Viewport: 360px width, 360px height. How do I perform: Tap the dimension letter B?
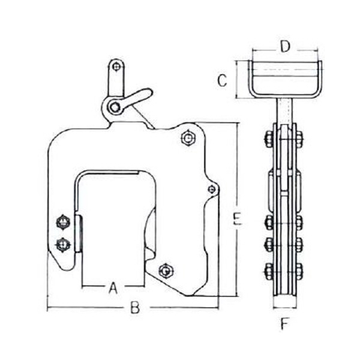pos(135,309)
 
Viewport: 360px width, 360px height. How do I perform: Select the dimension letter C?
pos(222,80)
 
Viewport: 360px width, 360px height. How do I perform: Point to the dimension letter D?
pos(286,46)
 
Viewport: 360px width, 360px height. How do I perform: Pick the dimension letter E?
pos(238,220)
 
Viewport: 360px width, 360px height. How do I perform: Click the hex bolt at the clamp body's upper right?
pos(187,139)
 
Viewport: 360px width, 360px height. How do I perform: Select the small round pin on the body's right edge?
pos(211,189)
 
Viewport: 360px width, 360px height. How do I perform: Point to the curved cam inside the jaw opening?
pos(149,240)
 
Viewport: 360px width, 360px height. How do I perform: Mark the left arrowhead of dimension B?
pos(49,309)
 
